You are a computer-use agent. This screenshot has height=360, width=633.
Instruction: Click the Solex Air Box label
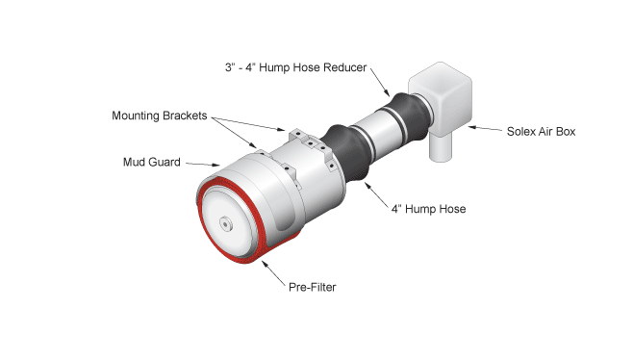point(541,132)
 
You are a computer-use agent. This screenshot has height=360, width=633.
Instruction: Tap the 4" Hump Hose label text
point(428,209)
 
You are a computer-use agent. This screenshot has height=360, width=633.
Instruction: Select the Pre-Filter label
point(312,287)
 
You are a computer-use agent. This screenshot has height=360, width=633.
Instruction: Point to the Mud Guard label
point(152,162)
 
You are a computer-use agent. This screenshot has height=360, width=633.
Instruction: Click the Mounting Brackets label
point(160,116)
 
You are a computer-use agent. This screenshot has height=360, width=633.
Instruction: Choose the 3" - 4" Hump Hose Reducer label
point(296,67)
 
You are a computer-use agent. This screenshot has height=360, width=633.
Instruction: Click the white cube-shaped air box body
point(440,98)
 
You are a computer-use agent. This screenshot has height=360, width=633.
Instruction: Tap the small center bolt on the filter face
point(225,223)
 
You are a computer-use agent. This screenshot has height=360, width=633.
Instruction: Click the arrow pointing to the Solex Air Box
point(485,128)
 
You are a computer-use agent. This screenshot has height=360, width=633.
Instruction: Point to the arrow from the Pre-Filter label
point(273,273)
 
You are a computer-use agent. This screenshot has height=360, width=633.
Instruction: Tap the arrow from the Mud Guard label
point(203,164)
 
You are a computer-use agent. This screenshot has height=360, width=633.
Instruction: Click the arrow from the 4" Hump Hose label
point(376,194)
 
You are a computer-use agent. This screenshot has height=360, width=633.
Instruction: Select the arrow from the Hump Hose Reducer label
point(380,83)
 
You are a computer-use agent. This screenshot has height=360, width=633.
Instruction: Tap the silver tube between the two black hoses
point(377,131)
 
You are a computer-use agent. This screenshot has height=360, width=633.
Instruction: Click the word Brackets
point(184,116)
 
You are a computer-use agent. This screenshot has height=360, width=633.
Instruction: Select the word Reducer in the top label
point(344,67)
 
